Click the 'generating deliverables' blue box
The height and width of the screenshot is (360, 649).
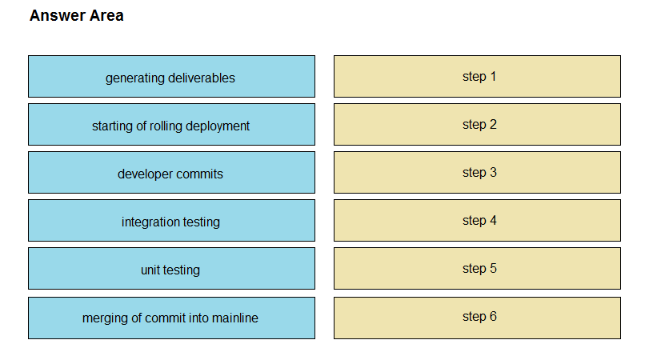click(171, 77)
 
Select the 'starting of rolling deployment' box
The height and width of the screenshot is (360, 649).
click(171, 125)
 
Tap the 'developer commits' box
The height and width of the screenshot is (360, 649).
click(171, 173)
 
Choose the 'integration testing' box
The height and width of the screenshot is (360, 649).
click(171, 221)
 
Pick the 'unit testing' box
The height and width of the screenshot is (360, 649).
click(171, 269)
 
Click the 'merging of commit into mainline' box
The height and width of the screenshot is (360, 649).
click(171, 318)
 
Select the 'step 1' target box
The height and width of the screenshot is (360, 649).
click(477, 77)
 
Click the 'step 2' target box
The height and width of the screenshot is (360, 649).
click(477, 125)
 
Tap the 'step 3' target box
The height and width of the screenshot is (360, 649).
click(477, 173)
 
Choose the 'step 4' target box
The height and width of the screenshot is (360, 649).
click(477, 221)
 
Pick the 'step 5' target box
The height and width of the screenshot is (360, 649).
click(477, 269)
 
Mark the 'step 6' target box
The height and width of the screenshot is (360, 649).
click(477, 318)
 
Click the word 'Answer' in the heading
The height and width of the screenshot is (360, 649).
click(58, 16)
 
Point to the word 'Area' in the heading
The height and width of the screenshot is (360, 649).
click(106, 16)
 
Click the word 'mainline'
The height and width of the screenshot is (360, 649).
click(234, 318)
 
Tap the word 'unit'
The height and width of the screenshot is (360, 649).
click(150, 270)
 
